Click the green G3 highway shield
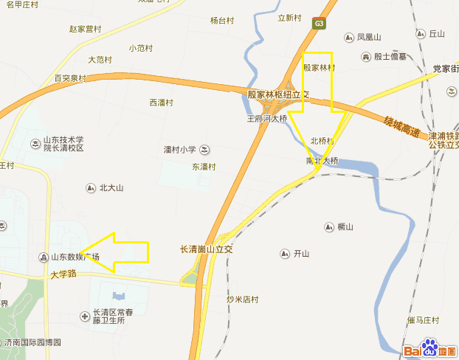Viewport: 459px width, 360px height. (x=319, y=23)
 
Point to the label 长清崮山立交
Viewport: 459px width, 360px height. (x=207, y=249)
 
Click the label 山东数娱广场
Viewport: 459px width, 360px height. (x=74, y=257)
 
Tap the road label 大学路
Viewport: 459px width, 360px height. (x=63, y=274)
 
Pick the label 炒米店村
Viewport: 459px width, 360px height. (x=243, y=300)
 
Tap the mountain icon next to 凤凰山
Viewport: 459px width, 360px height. (x=349, y=37)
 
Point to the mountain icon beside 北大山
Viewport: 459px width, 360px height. (x=91, y=187)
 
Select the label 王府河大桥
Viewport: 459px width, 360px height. (x=266, y=117)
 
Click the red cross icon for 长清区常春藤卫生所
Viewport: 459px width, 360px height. (x=86, y=316)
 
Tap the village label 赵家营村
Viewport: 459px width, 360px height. (x=84, y=30)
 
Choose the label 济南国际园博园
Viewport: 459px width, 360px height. (x=32, y=342)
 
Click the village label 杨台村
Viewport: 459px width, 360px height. (x=221, y=21)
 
